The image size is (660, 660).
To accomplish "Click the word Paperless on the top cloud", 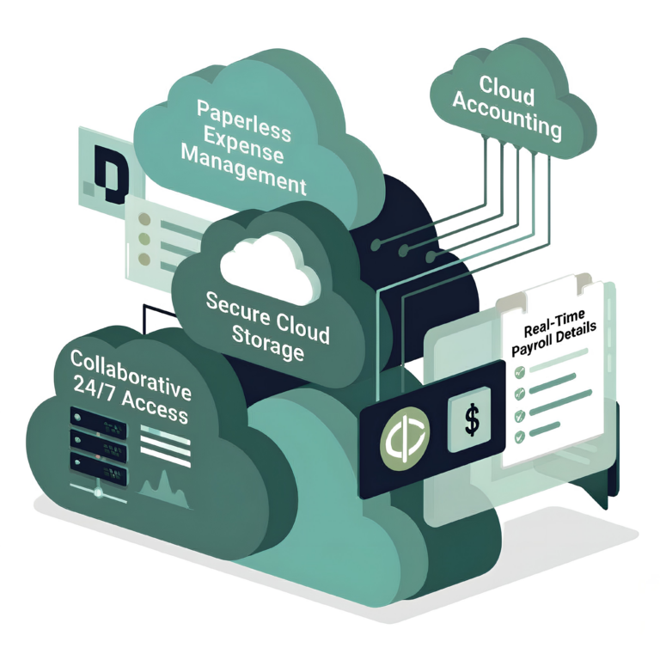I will tap(244, 116).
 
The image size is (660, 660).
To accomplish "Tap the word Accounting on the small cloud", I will tap(508, 117).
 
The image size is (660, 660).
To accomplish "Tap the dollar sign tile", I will tap(471, 419).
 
